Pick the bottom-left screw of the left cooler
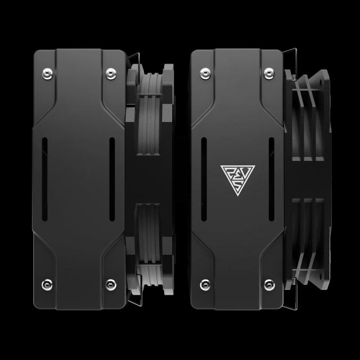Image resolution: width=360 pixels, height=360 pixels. (x=47, y=283)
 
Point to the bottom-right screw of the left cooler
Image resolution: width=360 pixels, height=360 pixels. (x=111, y=283)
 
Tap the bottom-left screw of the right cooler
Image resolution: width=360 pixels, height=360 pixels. (x=204, y=283)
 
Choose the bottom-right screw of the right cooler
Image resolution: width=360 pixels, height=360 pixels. (x=268, y=283)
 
